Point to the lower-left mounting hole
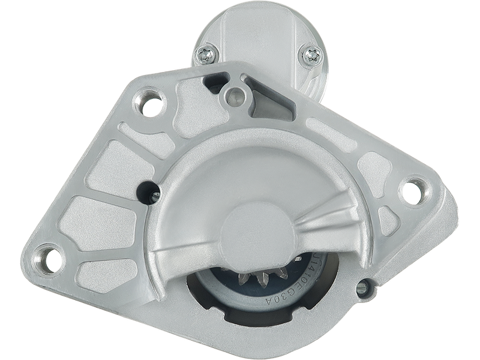(x=49, y=257)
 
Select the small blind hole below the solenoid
(x=235, y=93)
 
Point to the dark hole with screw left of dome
(x=148, y=191)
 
